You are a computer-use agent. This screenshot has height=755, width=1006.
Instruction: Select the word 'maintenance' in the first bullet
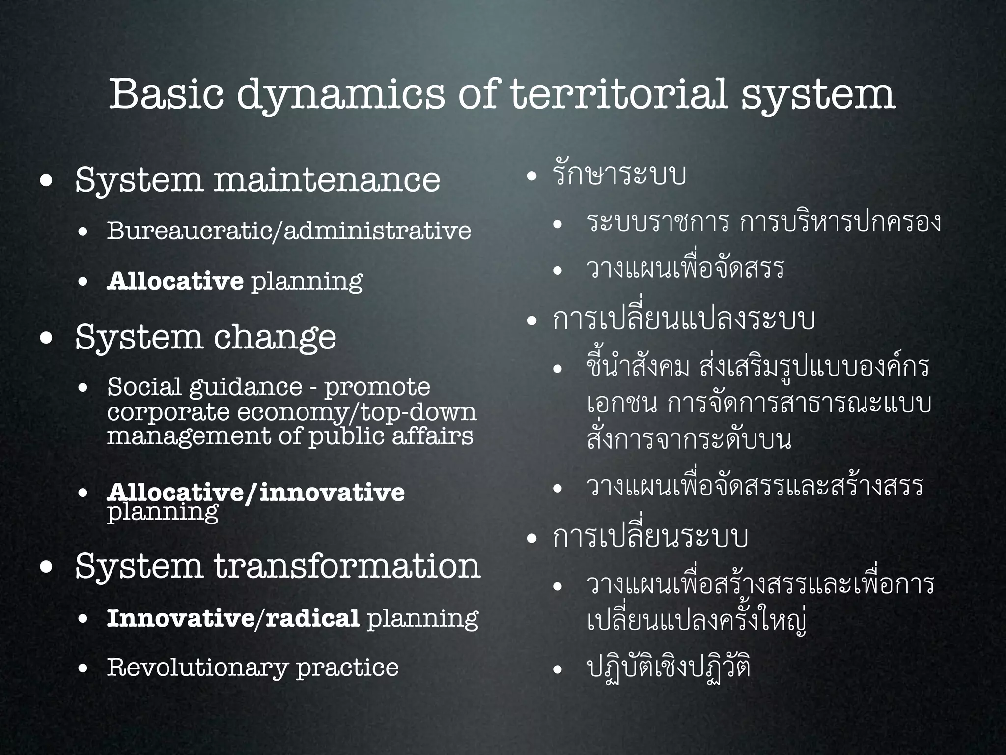coord(327,180)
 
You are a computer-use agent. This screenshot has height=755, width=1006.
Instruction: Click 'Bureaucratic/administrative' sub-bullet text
coord(289,230)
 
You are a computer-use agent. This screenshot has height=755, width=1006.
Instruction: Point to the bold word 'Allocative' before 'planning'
coord(175,281)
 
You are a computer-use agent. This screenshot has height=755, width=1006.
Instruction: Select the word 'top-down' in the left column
coord(419,412)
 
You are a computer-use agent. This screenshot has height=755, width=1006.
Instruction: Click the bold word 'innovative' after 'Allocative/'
coord(332,492)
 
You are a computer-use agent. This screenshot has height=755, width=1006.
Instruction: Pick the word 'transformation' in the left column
coord(347,566)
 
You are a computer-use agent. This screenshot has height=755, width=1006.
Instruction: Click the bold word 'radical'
coord(312,618)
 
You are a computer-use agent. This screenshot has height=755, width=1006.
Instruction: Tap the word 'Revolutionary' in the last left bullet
coord(197,667)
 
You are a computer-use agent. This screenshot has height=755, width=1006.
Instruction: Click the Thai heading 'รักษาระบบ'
coord(619,175)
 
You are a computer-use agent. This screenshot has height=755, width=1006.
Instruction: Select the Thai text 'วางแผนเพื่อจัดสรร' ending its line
coord(685,268)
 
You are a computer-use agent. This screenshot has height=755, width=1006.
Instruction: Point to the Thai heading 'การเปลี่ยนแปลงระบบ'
coord(683,319)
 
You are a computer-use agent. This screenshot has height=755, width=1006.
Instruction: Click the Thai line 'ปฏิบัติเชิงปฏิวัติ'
coord(669,667)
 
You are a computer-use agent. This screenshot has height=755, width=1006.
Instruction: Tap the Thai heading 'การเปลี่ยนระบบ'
coord(650,537)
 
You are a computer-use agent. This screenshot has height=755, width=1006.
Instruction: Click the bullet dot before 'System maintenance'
coord(47,181)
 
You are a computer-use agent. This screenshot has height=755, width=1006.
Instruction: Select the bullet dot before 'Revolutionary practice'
coord(83,668)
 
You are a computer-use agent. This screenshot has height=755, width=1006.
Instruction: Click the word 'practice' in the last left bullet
coord(347,667)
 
